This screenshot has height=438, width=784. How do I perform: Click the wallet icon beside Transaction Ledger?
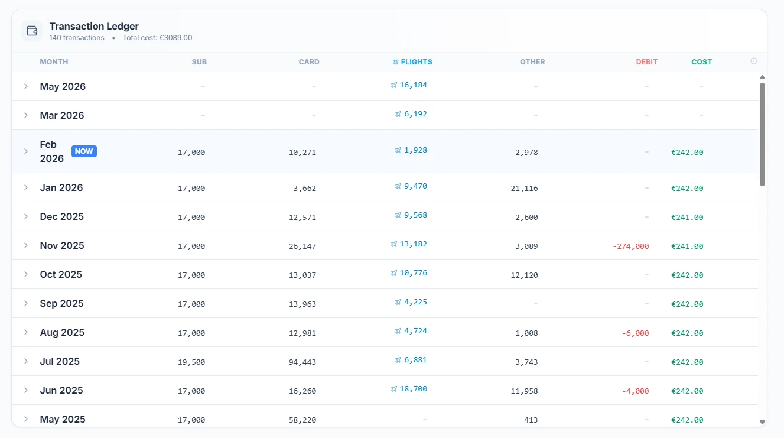(32, 31)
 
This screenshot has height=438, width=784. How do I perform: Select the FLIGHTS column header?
(413, 62)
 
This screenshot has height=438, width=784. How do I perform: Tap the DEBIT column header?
(646, 62)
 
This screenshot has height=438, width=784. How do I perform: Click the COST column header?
(701, 62)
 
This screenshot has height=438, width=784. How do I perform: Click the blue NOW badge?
(84, 151)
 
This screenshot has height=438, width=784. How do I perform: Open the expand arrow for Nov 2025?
(26, 245)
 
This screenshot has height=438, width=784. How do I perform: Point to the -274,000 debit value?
(631, 246)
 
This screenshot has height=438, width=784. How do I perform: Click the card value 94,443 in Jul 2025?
(302, 362)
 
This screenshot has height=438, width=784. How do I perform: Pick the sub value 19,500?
(191, 362)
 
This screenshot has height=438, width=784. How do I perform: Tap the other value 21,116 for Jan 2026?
(524, 189)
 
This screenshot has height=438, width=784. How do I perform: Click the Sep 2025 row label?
(62, 304)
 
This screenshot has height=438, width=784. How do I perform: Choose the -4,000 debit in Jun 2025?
(635, 391)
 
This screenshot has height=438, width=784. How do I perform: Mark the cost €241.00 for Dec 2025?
(687, 218)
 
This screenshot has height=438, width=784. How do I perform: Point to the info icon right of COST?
(754, 61)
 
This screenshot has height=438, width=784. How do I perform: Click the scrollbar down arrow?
(762, 422)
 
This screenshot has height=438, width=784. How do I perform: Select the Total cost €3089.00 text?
(157, 38)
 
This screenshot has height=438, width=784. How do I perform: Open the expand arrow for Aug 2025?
(26, 332)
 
